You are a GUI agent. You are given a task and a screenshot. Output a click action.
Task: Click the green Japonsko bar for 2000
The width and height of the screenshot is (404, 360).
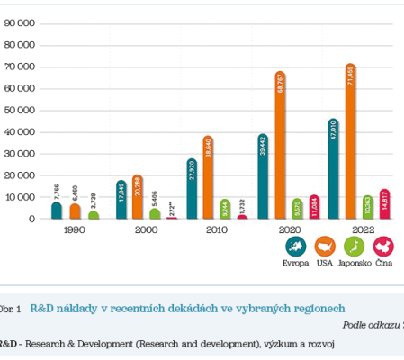coord(155,213)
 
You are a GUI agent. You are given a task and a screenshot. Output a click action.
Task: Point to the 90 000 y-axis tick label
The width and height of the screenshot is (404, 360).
coord(20,23)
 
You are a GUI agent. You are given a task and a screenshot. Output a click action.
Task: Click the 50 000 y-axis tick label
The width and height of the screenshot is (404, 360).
coord(20,110)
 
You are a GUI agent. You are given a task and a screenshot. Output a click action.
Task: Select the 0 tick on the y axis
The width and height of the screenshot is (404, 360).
coord(31,219)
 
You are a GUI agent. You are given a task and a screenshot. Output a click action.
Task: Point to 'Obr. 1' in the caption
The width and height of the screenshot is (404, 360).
coord(11,308)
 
